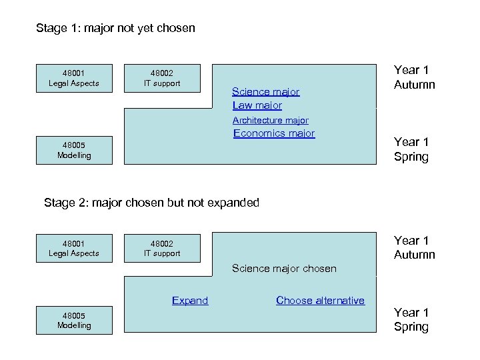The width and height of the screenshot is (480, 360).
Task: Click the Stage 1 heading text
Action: click(115, 29)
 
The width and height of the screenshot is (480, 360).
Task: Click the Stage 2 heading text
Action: click(151, 203)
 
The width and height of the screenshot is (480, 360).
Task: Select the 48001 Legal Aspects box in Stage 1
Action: click(74, 78)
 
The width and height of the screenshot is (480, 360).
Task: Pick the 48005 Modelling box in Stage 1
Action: click(74, 150)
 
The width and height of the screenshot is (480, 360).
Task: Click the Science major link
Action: click(265, 92)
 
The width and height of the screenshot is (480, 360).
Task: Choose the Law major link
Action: click(257, 105)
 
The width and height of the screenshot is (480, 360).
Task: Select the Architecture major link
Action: click(270, 121)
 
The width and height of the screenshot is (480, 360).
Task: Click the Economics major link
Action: click(273, 133)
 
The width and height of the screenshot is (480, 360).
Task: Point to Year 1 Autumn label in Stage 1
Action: click(414, 77)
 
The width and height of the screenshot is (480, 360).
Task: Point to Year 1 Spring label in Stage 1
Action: click(411, 149)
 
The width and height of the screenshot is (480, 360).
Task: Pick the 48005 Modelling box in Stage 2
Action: click(74, 320)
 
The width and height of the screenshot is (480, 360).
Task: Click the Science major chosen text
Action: click(284, 269)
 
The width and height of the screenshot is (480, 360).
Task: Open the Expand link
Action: click(190, 301)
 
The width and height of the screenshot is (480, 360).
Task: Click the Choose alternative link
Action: click(320, 301)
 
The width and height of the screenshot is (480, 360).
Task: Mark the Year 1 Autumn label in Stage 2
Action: click(414, 247)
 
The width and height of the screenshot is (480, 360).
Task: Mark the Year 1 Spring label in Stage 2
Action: click(411, 319)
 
